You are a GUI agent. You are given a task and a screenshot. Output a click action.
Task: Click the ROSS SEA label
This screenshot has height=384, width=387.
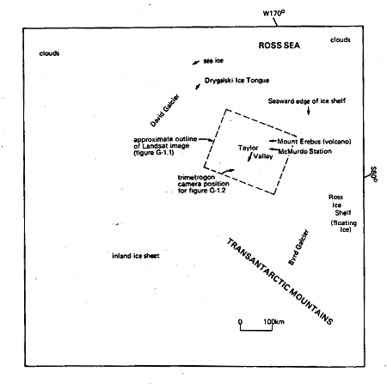click(x=279, y=46)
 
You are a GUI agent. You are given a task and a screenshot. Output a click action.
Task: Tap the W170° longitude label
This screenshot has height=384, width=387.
click(x=273, y=13)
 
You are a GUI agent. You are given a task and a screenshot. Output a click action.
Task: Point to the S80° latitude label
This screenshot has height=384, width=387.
click(x=373, y=174)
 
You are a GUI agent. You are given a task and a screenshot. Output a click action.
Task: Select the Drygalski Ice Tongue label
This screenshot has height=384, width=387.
click(x=236, y=81)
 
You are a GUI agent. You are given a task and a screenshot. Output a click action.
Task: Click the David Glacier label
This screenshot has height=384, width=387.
click(x=164, y=111)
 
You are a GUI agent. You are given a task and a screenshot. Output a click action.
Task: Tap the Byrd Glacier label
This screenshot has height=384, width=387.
click(x=298, y=247)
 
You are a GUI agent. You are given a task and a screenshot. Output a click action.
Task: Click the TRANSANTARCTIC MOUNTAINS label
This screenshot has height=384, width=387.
click(x=279, y=282)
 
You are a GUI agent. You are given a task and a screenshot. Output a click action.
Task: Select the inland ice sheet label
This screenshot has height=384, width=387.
click(x=136, y=256)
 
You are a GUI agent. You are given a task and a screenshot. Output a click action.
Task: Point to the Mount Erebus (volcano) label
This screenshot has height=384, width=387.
click(x=314, y=142)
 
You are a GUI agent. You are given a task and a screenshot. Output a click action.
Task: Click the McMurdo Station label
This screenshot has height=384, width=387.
click(x=305, y=151)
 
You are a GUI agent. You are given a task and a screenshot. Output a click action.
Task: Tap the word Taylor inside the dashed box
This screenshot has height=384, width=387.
click(x=249, y=148)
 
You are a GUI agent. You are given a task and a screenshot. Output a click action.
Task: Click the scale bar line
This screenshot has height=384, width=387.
click(x=256, y=330)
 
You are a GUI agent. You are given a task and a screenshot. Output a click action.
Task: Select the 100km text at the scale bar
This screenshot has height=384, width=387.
click(x=273, y=321)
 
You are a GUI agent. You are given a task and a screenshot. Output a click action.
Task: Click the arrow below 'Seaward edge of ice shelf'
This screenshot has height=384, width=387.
click(x=309, y=111)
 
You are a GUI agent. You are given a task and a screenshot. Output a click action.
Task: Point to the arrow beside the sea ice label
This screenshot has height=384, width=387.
click(x=196, y=63)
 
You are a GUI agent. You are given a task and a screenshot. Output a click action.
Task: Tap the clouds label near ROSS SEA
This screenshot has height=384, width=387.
click(x=341, y=40)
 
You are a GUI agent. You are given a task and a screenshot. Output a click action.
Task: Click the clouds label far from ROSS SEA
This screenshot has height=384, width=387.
click(x=49, y=53)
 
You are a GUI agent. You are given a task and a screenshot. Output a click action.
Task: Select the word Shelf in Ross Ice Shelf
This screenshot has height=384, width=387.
click(x=343, y=213)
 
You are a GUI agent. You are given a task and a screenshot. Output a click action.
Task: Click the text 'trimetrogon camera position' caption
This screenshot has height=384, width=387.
click(x=203, y=180)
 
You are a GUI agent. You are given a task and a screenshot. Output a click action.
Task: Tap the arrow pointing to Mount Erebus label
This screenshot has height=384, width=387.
click(x=273, y=141)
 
